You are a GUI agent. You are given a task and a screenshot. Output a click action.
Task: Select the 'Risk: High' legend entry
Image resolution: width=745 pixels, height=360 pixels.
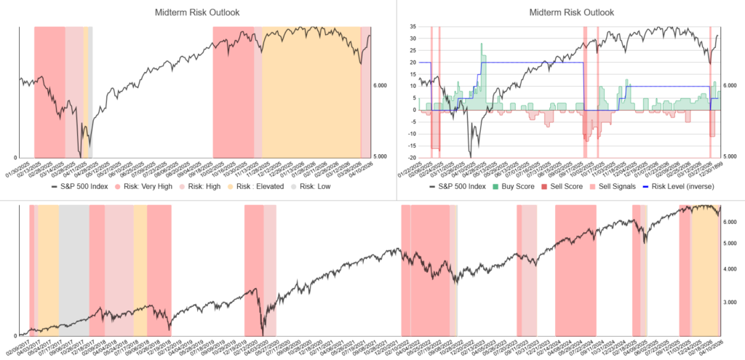tap(206, 186)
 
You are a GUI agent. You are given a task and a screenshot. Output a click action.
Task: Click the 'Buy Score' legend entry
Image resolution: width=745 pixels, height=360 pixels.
tap(514, 186)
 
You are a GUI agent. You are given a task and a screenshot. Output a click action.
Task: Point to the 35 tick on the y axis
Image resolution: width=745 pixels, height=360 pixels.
tap(411, 26)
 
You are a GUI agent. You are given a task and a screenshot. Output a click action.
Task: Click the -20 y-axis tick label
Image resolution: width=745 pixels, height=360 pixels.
tap(410, 158)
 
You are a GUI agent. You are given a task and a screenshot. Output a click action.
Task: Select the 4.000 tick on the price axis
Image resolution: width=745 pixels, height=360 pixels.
tap(730, 269)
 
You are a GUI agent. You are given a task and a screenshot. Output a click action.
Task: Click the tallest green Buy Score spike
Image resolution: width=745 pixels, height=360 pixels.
tap(482, 45)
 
